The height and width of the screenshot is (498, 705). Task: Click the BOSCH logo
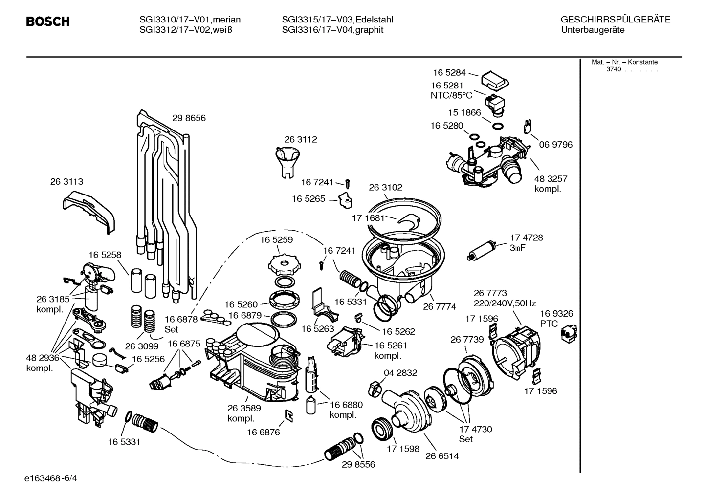pyautogui.click(x=47, y=22)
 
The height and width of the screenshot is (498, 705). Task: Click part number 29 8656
pyautogui.click(x=189, y=118)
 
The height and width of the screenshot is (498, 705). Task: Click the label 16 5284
pyautogui.click(x=449, y=73)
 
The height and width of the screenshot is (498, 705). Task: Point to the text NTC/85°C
pyautogui.click(x=451, y=95)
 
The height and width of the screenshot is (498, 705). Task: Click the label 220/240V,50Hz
pyautogui.click(x=505, y=303)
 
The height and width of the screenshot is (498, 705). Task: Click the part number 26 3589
pyautogui.click(x=243, y=408)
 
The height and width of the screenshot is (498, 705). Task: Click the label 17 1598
pyautogui.click(x=403, y=449)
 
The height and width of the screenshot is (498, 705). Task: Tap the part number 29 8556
pyautogui.click(x=358, y=465)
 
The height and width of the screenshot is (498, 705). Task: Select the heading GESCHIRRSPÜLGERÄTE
pyautogui.click(x=615, y=20)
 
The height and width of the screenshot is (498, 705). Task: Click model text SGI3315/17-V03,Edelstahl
pyautogui.click(x=337, y=20)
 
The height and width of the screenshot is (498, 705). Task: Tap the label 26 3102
pyautogui.click(x=385, y=187)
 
